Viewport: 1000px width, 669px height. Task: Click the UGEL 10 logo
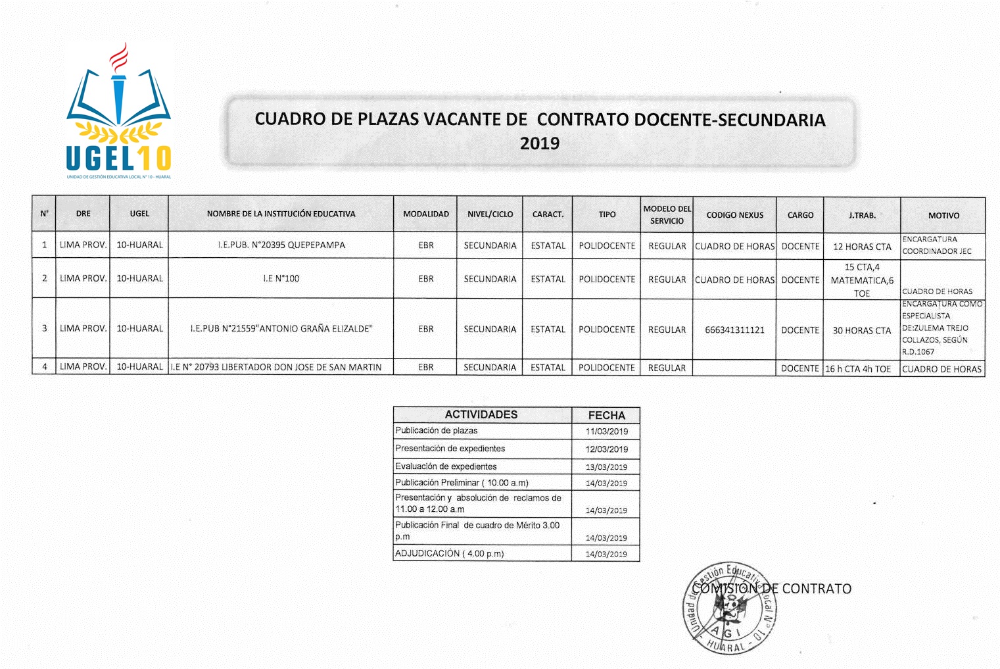click(119, 112)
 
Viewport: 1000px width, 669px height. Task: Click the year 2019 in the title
click(539, 143)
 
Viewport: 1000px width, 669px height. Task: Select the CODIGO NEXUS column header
click(734, 215)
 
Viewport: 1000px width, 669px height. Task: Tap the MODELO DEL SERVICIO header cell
click(667, 214)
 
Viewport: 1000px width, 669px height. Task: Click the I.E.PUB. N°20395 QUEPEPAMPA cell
click(281, 245)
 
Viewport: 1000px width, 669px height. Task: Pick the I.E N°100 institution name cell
click(281, 279)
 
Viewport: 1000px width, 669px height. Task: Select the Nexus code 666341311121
click(734, 330)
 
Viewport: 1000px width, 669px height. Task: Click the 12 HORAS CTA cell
click(862, 247)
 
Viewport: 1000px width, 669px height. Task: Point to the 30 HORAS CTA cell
click(862, 330)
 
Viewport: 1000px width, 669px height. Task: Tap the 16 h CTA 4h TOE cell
click(858, 369)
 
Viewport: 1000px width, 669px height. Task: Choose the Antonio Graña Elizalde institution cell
click(281, 329)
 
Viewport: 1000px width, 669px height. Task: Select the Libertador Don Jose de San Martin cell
click(276, 367)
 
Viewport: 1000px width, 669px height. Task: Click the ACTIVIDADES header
click(481, 414)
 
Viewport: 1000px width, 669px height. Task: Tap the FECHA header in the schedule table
click(606, 415)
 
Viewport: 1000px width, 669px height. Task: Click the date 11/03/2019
click(606, 432)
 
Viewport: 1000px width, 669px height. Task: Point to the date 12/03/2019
click(606, 449)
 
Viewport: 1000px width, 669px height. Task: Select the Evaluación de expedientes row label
click(446, 466)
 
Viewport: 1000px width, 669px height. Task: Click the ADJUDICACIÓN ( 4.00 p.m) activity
click(450, 553)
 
